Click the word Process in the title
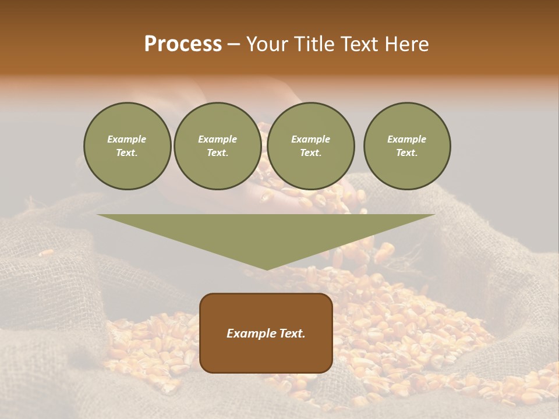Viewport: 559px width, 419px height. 183,44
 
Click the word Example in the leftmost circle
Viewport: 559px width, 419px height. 127,139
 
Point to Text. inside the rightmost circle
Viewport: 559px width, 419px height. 407,152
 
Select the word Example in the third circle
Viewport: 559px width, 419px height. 310,139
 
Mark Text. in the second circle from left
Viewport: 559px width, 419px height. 218,152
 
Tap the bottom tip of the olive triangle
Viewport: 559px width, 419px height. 266,268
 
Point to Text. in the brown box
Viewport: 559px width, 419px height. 292,333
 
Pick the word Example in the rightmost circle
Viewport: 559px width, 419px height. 406,139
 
